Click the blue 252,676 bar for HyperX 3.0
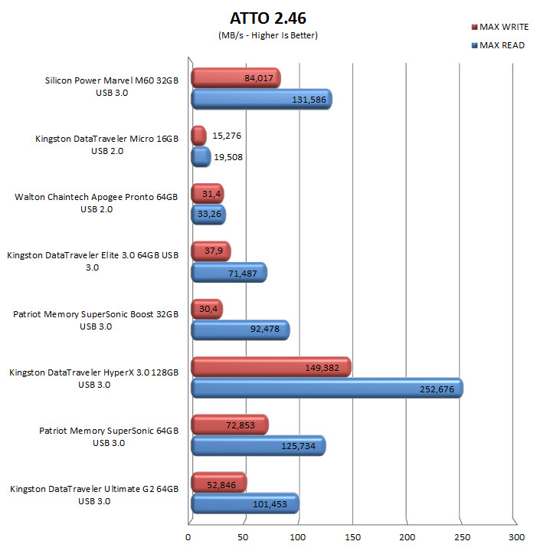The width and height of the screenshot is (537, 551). [x=326, y=389]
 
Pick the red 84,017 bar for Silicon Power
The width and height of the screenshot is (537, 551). [x=235, y=77]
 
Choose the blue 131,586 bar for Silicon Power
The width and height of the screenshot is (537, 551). [x=260, y=100]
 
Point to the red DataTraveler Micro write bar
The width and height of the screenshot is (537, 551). [x=198, y=136]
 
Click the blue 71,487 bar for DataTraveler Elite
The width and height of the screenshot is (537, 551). [x=228, y=272]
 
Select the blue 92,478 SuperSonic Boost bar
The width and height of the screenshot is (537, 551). [x=239, y=330]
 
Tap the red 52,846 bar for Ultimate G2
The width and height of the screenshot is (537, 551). [x=218, y=483]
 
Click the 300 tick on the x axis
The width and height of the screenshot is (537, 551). [x=516, y=537]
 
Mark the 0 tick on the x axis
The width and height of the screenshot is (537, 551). [x=189, y=537]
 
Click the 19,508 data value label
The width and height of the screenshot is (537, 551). [x=231, y=158]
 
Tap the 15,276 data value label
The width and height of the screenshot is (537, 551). [x=227, y=136]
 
